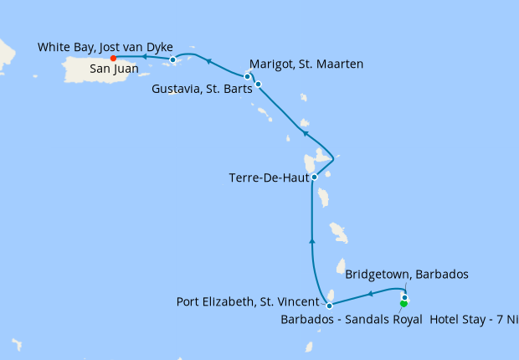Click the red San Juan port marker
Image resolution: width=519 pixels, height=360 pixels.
click(x=113, y=58)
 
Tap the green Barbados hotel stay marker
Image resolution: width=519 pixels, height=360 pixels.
click(x=403, y=304)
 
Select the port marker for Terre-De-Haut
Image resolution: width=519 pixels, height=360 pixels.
click(x=314, y=177)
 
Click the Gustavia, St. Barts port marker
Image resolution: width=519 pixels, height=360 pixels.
click(x=259, y=84)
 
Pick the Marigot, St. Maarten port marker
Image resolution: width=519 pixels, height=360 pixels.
click(x=247, y=76)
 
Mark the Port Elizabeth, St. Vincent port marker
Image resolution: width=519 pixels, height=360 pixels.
click(x=330, y=306)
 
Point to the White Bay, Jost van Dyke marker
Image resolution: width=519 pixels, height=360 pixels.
click(x=172, y=59)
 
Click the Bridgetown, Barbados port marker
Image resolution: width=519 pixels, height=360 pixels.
click(x=404, y=297)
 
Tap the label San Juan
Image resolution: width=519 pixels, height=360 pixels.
click(x=115, y=69)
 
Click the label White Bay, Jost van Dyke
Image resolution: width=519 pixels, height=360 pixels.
click(x=105, y=47)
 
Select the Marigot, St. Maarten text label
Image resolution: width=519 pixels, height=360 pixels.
click(x=306, y=64)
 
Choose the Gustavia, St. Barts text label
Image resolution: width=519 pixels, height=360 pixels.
click(x=202, y=89)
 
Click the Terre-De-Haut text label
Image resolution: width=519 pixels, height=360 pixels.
click(x=268, y=177)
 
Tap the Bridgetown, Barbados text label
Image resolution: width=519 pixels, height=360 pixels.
click(x=406, y=275)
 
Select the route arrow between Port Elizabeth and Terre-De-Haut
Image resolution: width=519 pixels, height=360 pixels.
click(x=312, y=241)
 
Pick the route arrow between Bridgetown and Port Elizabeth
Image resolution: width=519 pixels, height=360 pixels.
click(x=369, y=294)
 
